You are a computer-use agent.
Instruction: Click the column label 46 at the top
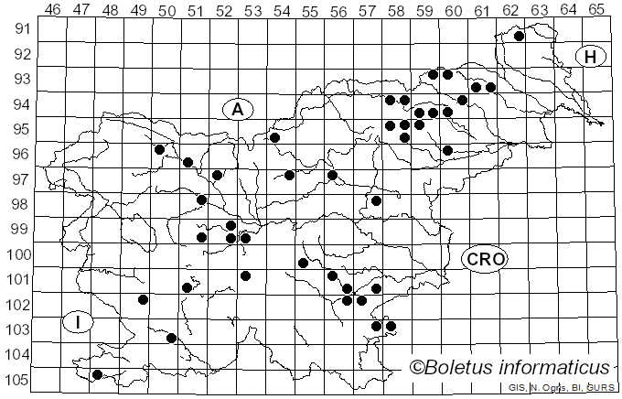pos(52,9)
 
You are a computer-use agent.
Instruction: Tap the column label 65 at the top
pos(596,9)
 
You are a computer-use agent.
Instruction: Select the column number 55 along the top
pos(310,9)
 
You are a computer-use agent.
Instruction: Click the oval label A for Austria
pos(237,110)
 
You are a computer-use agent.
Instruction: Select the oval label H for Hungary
pos(591,57)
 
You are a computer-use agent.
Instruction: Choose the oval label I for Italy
pos(80,322)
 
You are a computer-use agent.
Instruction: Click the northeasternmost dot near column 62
pos(519,37)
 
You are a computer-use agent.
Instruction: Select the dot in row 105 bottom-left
pos(97,374)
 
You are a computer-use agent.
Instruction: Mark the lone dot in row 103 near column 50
pos(171,338)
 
